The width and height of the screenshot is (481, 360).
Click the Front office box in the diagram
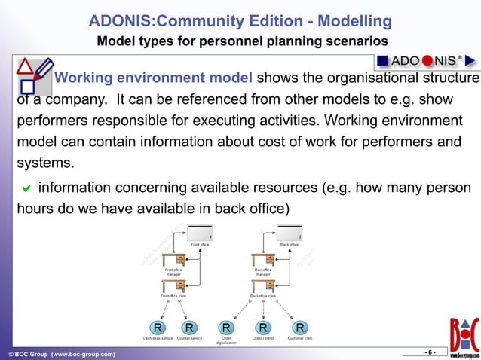(x=200, y=233)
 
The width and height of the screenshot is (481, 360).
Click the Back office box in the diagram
(x=289, y=233)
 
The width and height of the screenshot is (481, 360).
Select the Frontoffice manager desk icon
(x=173, y=259)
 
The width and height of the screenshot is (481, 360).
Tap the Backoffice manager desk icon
(x=262, y=259)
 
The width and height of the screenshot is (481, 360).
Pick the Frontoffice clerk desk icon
(x=173, y=285)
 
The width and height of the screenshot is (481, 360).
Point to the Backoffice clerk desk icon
(x=262, y=285)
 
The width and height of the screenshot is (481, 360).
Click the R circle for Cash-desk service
(x=158, y=328)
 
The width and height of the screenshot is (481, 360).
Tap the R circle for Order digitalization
(x=226, y=328)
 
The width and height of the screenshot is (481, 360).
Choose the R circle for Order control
(x=263, y=328)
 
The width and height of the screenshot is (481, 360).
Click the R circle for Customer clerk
(x=300, y=328)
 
